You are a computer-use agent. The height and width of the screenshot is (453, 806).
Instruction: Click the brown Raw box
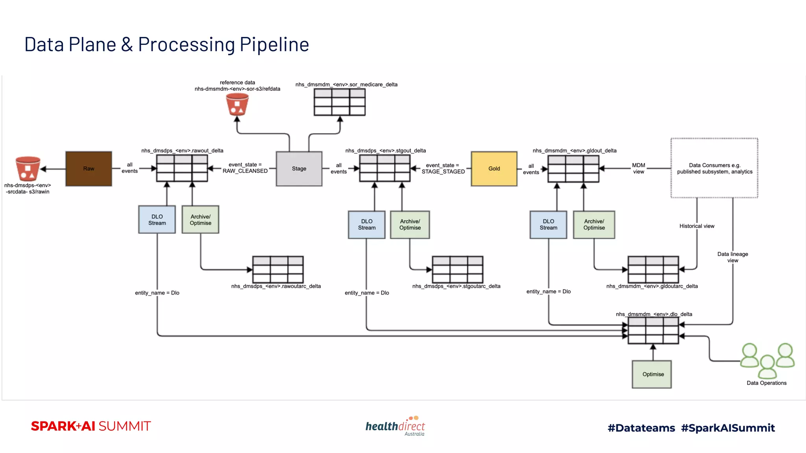[89, 169]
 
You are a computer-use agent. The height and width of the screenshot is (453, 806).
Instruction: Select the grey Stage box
[299, 169]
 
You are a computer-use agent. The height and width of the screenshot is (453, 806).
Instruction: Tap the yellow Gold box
[494, 169]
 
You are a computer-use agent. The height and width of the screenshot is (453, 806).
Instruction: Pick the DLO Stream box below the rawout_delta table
[157, 219]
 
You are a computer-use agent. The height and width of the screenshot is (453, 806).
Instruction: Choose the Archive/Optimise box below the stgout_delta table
[410, 225]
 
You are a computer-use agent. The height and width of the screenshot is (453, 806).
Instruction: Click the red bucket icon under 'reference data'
[237, 104]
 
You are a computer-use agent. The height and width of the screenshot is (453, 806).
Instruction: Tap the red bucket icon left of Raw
[28, 169]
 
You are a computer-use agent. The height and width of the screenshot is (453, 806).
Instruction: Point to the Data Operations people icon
[767, 360]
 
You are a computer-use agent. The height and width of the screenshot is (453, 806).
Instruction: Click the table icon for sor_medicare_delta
[340, 102]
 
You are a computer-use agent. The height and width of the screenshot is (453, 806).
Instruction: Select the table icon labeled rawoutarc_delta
[278, 269]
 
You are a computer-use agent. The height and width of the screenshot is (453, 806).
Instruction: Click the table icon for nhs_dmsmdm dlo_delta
[653, 330]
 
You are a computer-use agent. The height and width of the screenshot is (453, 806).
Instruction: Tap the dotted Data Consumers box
[714, 168]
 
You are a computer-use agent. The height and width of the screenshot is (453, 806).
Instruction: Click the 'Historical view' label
[697, 226]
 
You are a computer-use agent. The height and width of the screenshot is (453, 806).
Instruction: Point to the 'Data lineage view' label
[732, 257]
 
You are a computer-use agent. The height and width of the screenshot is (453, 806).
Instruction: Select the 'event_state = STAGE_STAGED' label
[443, 168]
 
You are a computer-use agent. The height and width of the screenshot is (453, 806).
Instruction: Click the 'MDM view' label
[638, 168]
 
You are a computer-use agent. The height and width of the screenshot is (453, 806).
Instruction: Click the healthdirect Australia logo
[395, 426]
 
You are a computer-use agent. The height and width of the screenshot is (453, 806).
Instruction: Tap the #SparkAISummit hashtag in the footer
[728, 428]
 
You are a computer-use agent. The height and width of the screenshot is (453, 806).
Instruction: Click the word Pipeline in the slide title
[274, 44]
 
